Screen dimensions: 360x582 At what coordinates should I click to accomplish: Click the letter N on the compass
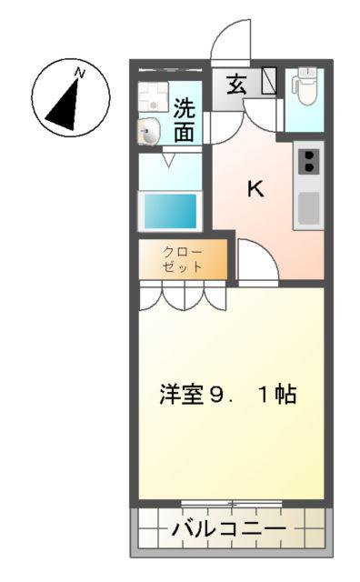click(x=79, y=73)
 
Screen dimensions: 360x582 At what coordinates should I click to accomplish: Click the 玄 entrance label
click(x=236, y=84)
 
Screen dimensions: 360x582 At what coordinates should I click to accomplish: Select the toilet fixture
click(x=304, y=86)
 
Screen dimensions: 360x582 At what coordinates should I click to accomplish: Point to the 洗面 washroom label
click(x=185, y=120)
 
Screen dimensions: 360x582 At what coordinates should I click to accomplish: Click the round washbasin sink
click(x=149, y=131)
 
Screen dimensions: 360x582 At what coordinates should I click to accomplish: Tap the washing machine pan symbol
click(x=154, y=96)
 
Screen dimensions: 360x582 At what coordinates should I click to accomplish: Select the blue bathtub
click(x=170, y=211)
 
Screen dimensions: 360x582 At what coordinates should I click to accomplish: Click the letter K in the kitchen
click(x=255, y=189)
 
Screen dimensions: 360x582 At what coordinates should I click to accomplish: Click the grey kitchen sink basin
click(x=309, y=208)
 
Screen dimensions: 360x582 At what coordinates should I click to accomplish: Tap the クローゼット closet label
click(x=183, y=259)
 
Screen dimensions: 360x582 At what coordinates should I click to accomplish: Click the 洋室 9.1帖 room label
click(x=228, y=394)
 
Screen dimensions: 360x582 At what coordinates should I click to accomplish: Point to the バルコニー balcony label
click(x=229, y=528)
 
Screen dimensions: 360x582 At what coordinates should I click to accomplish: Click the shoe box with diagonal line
click(x=269, y=81)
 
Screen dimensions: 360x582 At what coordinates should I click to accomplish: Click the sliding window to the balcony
click(x=232, y=504)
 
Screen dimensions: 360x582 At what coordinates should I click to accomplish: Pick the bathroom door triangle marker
click(x=169, y=161)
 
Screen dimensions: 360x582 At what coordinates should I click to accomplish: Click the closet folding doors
click(x=183, y=296)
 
